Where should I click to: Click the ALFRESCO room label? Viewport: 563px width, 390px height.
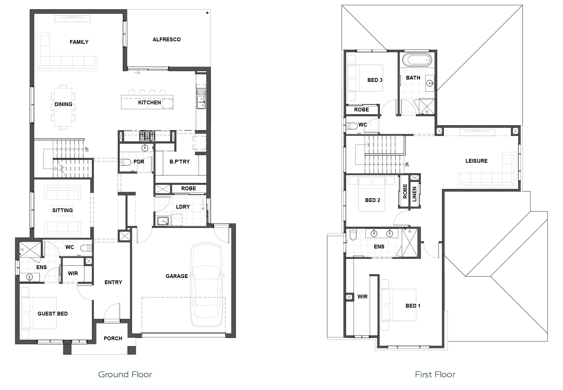point(166,40)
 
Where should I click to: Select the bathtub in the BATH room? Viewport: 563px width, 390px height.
point(417,60)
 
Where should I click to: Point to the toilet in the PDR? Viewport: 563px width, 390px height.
point(124,162)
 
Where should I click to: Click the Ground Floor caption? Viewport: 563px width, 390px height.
point(125,374)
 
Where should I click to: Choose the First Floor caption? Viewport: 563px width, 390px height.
point(435,374)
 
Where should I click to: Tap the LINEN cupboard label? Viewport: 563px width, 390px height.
point(414,194)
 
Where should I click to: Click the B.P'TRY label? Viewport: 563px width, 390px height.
point(180,162)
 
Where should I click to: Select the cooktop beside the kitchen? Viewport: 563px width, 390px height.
point(147,136)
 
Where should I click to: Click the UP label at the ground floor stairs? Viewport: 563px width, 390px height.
point(87,149)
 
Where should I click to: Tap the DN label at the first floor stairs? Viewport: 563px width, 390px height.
point(407,165)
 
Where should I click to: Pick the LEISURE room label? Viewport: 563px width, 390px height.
point(476,161)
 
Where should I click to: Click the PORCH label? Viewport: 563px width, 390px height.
point(113,338)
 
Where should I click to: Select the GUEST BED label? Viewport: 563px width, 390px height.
point(53,314)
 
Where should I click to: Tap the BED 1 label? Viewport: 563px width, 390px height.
point(413,306)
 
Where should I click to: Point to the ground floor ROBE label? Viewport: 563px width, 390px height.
point(189,188)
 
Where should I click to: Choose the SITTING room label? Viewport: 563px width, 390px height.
point(63,210)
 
